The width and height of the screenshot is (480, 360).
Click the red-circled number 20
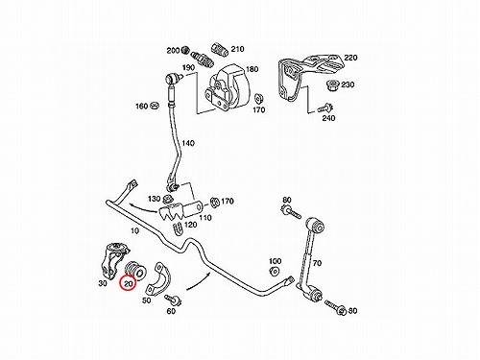coord(129,284)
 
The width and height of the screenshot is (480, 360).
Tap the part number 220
coord(350,58)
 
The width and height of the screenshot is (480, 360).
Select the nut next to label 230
coord(331,85)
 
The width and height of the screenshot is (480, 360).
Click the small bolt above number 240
coord(325,108)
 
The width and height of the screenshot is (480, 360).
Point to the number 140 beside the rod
coord(188,143)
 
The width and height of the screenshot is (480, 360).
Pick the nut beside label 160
coord(156,105)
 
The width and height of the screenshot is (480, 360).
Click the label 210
coord(237,49)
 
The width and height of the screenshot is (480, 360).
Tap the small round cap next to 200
coord(184,50)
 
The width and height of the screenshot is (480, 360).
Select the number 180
coord(252,69)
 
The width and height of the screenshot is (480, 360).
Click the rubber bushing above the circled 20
coord(134,270)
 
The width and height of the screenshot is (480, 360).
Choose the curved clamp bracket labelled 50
coord(158,278)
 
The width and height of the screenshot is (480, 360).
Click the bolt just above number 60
coord(173,300)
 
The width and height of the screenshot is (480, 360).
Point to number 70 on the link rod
coord(317,263)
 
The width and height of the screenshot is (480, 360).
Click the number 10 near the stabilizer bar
coord(135,230)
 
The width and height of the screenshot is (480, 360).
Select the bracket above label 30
coord(115,260)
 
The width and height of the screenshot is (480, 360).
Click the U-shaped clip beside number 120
coord(178,228)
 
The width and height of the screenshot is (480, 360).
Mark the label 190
coord(188,68)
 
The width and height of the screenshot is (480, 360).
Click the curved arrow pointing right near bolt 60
coord(199,281)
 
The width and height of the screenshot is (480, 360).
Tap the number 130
coord(154,199)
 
